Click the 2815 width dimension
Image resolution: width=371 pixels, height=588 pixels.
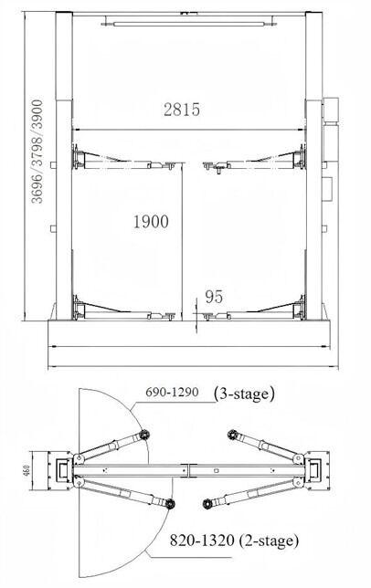pyautogui.click(x=182, y=110)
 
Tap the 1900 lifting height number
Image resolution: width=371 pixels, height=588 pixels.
pyautogui.click(x=151, y=222)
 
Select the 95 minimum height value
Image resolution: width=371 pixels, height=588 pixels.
pyautogui.click(x=214, y=297)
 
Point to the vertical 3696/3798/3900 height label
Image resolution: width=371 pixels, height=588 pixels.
pyautogui.click(x=37, y=152)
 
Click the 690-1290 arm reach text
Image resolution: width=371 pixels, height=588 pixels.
pyautogui.click(x=172, y=393)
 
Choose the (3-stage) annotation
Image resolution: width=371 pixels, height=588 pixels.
pyautogui.click(x=244, y=394)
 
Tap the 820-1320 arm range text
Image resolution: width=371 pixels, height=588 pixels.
pyautogui.click(x=202, y=541)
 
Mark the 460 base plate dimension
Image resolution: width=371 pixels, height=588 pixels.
pyautogui.click(x=26, y=470)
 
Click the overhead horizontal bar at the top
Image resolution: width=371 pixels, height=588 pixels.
pyautogui.click(x=189, y=24)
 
